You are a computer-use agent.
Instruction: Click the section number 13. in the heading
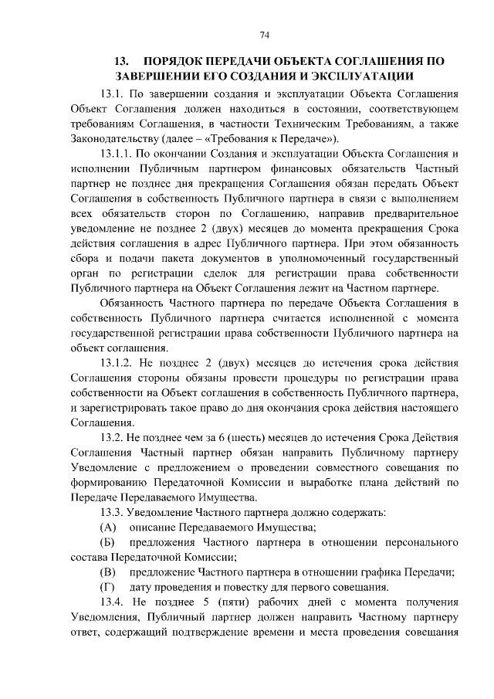pyautogui.click(x=120, y=59)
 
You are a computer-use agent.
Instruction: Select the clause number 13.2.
pyautogui.click(x=113, y=438)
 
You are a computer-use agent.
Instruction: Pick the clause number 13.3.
pyautogui.click(x=113, y=513)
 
